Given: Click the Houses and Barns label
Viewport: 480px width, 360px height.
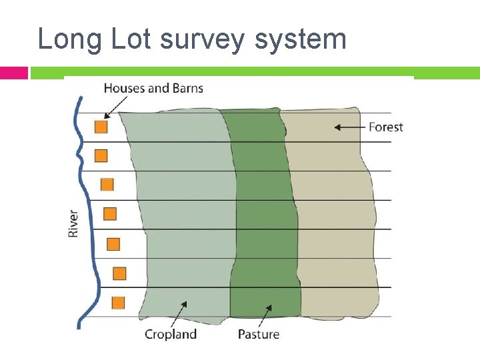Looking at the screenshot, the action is point(153,88).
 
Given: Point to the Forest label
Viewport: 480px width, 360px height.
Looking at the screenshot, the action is point(386,127).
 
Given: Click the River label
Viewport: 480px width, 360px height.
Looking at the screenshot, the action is point(73,223).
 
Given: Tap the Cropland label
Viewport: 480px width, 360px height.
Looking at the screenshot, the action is point(171,334).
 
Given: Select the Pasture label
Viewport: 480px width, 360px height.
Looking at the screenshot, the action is point(259,334).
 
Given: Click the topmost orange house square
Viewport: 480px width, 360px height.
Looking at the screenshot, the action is point(101,127).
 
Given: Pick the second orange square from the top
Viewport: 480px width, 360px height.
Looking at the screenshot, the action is point(101,155).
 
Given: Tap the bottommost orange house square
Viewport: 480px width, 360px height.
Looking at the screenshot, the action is point(118,302).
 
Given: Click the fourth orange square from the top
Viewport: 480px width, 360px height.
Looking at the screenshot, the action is point(110,214).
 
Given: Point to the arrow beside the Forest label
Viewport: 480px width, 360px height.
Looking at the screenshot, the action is point(349,127).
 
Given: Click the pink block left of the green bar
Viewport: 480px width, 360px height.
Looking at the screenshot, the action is point(13,72).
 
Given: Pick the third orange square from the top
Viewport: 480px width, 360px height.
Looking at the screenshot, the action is point(107,185).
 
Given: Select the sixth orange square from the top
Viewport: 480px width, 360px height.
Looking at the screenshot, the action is point(119,273).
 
